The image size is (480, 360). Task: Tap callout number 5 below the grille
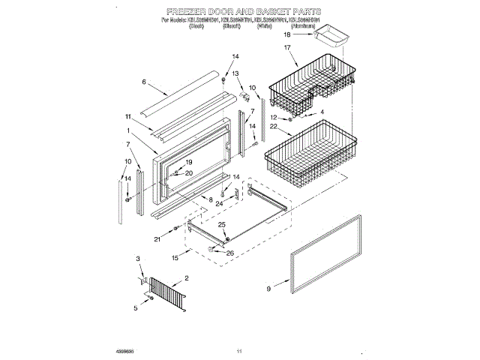136,308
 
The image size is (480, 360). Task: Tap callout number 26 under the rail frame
230,253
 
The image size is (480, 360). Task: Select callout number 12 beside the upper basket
274,117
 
